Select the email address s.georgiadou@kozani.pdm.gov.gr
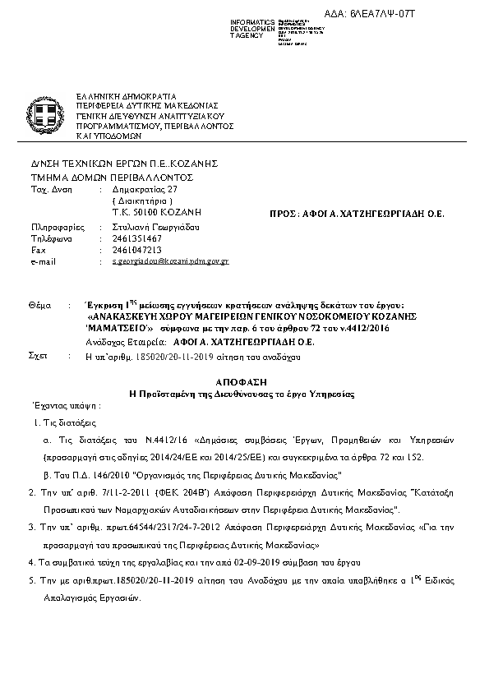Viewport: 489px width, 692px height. pos(170,261)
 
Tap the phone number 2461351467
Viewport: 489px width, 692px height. pos(136,238)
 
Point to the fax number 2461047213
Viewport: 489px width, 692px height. pos(136,249)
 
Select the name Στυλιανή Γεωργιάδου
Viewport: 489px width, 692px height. pos(156,226)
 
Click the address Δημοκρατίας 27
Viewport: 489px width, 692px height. pos(144,190)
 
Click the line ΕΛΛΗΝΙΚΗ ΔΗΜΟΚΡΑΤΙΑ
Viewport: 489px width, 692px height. pos(125,96)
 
